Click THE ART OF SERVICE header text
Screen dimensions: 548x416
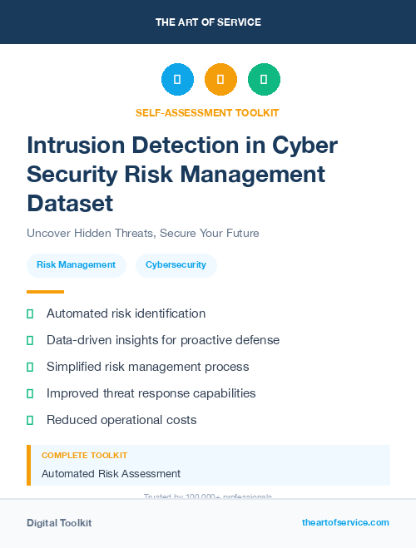(208, 22)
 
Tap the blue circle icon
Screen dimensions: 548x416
(177, 79)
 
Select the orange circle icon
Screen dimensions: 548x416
(220, 79)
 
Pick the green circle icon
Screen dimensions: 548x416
(264, 79)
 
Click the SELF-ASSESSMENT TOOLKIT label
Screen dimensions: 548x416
(207, 112)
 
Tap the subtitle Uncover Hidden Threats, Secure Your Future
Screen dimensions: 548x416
(143, 233)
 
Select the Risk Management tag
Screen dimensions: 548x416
(76, 265)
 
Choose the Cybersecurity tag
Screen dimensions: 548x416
(176, 265)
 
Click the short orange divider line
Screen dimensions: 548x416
(45, 292)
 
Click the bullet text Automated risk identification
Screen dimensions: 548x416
(126, 313)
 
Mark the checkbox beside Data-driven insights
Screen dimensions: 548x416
(30, 340)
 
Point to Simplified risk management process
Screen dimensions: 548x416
(147, 367)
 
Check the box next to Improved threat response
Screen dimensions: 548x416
(30, 393)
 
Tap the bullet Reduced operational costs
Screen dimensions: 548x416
(121, 420)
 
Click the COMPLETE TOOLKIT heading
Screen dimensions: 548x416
(84, 456)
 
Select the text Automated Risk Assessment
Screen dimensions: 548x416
(111, 473)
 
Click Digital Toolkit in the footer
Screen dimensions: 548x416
(59, 523)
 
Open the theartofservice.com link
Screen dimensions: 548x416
(345, 522)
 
